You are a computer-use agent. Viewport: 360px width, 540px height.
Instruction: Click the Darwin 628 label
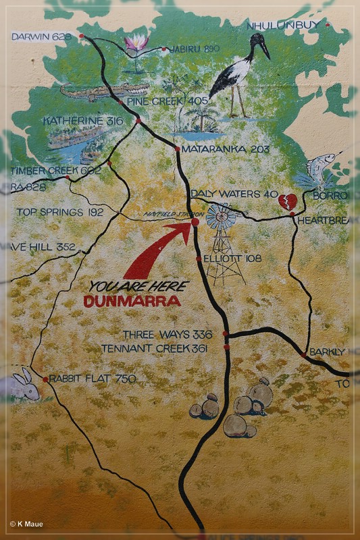coord(41,36)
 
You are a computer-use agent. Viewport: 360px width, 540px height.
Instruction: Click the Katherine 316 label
coord(82,120)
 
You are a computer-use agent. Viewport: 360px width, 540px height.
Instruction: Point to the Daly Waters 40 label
coord(234,194)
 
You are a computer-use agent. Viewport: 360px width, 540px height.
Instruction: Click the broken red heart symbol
coord(287,200)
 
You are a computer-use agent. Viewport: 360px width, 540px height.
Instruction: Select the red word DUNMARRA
coord(132,302)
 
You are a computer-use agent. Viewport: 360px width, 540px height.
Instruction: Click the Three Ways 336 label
coord(168,334)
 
